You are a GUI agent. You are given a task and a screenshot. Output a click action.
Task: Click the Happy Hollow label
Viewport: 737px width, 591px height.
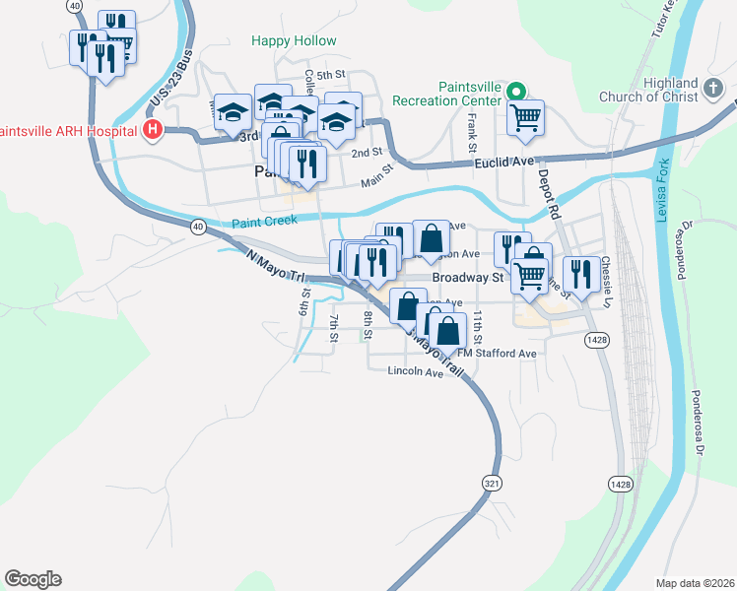(294, 41)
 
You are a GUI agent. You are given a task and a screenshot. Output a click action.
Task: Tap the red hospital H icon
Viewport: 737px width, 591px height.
(152, 130)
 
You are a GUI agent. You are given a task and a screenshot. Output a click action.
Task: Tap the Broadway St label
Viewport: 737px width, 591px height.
(468, 279)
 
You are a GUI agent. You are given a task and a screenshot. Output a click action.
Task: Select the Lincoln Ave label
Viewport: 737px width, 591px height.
(417, 371)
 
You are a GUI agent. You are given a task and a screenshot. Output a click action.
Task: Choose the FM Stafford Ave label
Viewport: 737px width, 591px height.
(502, 354)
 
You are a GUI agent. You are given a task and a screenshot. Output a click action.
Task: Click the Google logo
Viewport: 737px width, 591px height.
(33, 579)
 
